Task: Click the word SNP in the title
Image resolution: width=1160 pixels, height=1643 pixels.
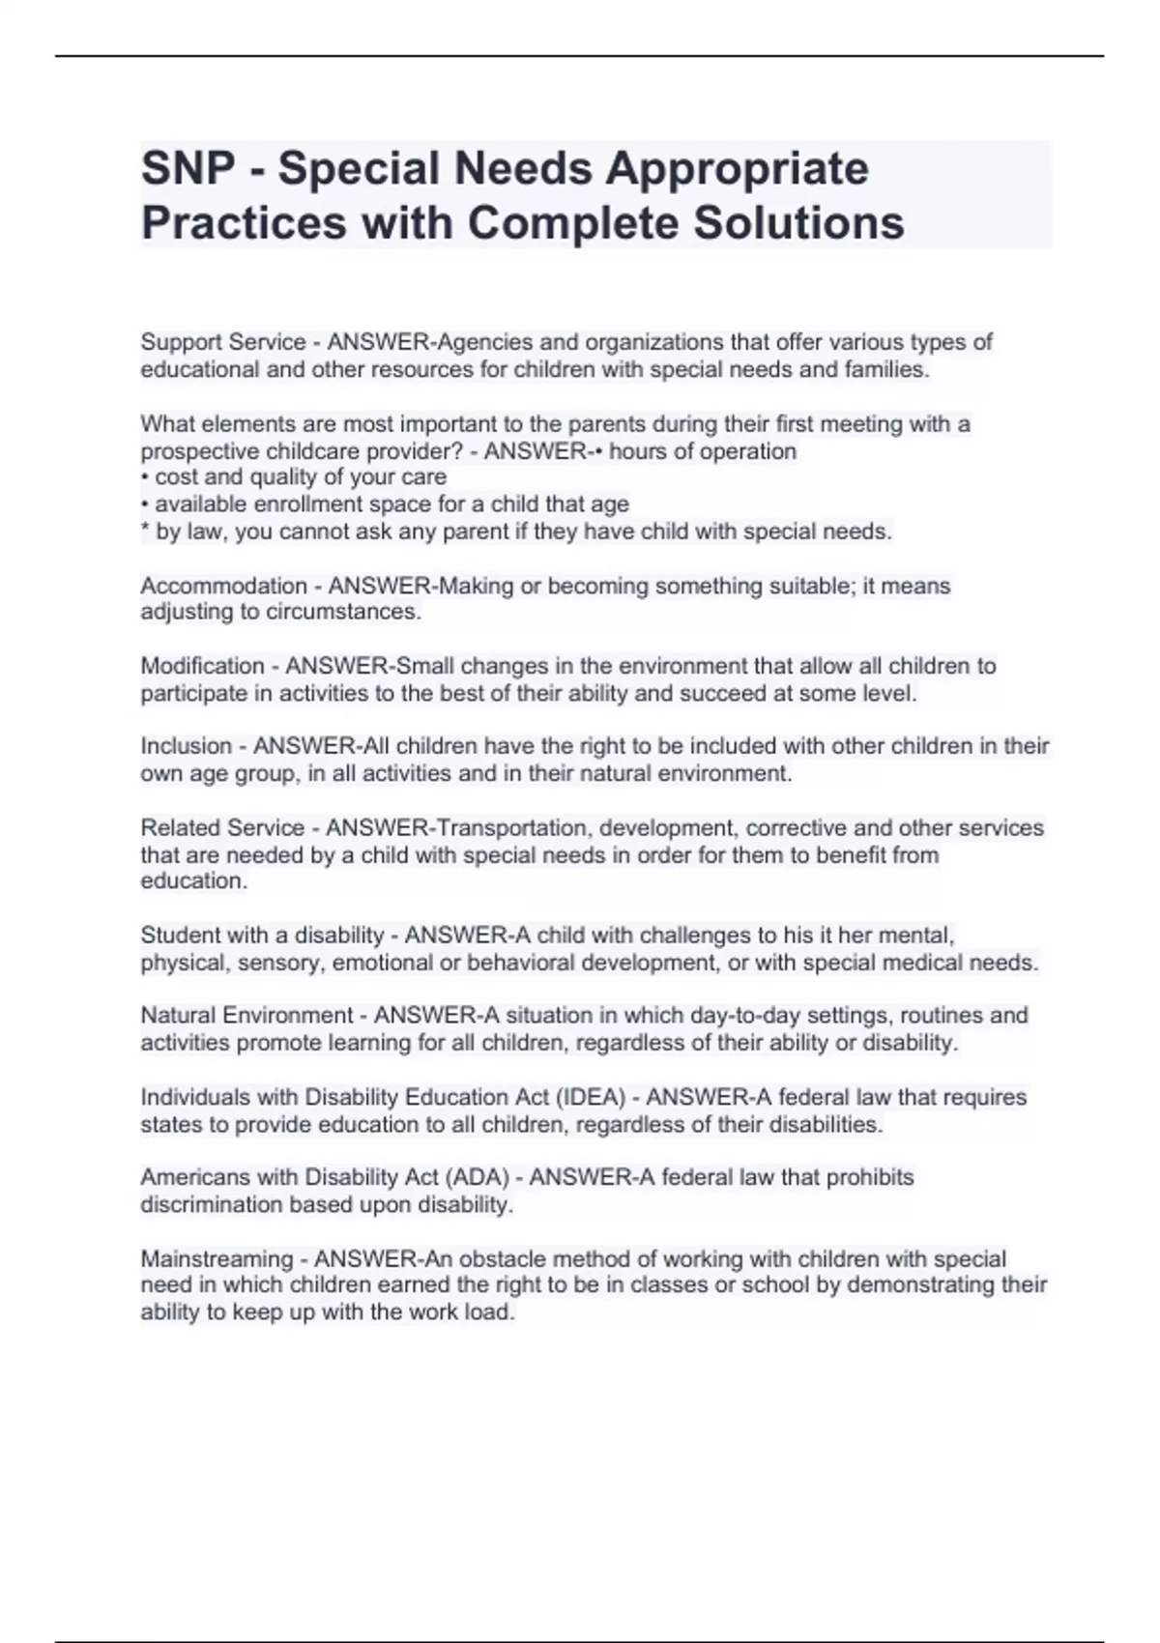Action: [x=188, y=169]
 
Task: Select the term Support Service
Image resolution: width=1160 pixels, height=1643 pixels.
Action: [x=223, y=342]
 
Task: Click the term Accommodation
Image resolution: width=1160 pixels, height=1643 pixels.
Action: [x=223, y=586]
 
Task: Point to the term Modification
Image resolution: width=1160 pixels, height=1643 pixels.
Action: [x=202, y=666]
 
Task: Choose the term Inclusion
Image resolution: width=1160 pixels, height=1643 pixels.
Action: [x=187, y=746]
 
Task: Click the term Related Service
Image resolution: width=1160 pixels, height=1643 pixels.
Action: [x=222, y=828]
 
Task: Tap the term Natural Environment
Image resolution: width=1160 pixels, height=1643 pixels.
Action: [x=246, y=1016]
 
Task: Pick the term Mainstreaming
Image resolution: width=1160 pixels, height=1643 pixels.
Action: [x=217, y=1259]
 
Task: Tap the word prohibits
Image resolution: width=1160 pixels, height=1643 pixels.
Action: [x=866, y=1178]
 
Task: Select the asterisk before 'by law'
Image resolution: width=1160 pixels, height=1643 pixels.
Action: [x=145, y=530]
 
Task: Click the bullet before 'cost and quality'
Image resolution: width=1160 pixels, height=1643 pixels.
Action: [x=145, y=477]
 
